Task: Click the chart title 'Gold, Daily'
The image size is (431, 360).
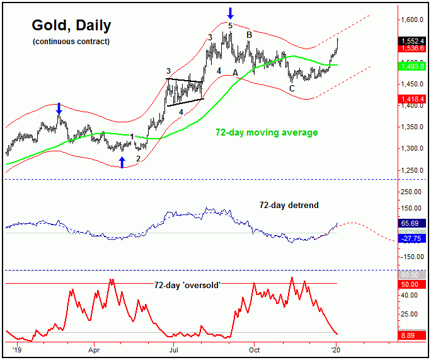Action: click(x=71, y=26)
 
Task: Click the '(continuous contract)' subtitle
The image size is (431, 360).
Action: click(x=71, y=42)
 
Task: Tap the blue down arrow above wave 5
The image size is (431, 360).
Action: click(x=231, y=12)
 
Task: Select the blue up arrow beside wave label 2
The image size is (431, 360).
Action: click(x=122, y=163)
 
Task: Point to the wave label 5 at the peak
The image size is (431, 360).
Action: click(x=231, y=25)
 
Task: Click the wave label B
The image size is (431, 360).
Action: click(x=250, y=35)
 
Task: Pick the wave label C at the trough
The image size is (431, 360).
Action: click(x=292, y=89)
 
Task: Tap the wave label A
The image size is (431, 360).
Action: click(x=236, y=73)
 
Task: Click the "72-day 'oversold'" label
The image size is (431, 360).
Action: click(x=187, y=285)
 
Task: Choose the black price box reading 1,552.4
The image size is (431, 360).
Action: click(x=413, y=41)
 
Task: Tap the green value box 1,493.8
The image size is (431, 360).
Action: click(x=413, y=66)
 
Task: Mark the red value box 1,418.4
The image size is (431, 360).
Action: click(x=413, y=99)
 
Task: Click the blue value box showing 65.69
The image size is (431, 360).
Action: click(x=413, y=223)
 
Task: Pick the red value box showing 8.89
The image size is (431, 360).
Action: click(x=413, y=339)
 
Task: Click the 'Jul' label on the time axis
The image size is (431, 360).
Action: click(x=173, y=349)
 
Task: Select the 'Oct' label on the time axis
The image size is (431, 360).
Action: click(x=255, y=349)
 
